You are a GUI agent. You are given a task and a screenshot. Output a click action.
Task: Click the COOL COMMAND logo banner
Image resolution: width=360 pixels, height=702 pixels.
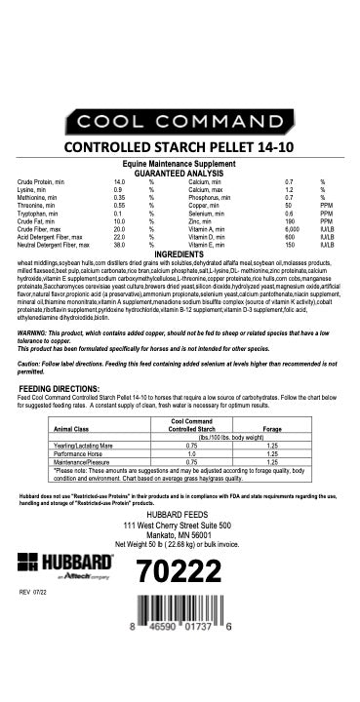[180, 122]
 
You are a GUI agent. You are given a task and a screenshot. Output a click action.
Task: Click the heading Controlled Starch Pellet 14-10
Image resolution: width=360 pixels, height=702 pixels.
[180, 148]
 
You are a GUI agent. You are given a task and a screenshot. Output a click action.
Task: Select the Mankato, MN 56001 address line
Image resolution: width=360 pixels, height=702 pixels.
[179, 534]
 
